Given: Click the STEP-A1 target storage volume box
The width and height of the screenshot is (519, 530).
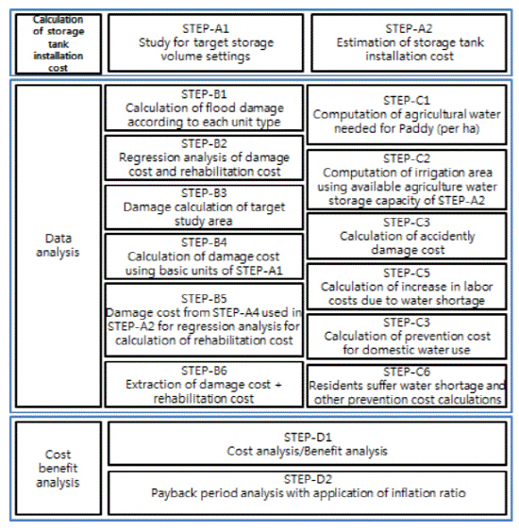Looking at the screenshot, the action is tap(206, 42).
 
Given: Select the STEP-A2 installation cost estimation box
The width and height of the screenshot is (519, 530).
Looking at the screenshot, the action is tap(410, 42).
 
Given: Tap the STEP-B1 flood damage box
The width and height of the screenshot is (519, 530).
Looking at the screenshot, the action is tap(204, 108).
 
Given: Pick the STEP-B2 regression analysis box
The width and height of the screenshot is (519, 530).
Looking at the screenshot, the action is tap(204, 157).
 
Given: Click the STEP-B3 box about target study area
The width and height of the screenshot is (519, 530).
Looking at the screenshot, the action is tap(204, 207).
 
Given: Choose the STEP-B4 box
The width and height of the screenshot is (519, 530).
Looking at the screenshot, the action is tap(204, 257).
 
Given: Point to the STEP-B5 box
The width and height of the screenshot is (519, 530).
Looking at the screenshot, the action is tap(204, 320).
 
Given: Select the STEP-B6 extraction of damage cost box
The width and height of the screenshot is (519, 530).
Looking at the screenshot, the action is tap(204, 385).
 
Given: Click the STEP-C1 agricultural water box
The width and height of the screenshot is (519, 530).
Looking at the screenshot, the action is tap(407, 115).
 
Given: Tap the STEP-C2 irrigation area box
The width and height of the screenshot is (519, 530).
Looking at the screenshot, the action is tap(407, 179).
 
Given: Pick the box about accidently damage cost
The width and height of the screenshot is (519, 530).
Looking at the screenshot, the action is tap(407, 236).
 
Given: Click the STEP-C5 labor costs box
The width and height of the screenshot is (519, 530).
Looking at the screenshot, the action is tap(407, 287).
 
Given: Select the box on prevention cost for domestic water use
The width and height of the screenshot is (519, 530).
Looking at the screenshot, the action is tap(407, 337).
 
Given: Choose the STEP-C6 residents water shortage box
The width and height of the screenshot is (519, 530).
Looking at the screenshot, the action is tap(407, 386).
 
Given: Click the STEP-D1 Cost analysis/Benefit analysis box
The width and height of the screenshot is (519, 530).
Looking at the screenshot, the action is tap(307, 443).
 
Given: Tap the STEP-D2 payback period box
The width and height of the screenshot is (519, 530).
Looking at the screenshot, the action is tap(307, 493).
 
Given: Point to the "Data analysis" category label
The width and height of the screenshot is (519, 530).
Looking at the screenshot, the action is tap(59, 245).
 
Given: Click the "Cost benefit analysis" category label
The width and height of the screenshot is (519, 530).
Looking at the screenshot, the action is tap(59, 468).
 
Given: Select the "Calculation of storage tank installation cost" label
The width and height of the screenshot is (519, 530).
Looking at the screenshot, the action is tap(59, 43).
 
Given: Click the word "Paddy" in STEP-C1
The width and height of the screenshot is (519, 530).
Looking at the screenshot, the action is tap(416, 129).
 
